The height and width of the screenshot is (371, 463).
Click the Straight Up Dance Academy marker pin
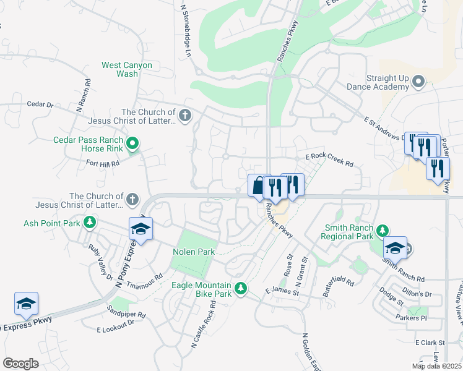(x=418, y=81)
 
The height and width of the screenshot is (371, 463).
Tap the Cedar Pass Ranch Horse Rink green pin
(x=132, y=145)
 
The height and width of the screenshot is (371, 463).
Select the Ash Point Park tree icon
(x=90, y=222)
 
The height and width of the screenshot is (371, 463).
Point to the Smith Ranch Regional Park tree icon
(x=382, y=231)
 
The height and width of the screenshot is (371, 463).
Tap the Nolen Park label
(x=193, y=252)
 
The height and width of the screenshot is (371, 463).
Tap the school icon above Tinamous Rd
(x=141, y=229)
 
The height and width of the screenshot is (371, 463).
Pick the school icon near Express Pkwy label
(x=26, y=304)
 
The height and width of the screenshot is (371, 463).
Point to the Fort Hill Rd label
(x=102, y=164)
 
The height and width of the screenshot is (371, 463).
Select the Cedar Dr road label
(x=41, y=104)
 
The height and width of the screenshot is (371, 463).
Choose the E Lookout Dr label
(x=116, y=322)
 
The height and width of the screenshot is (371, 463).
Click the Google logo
(x=20, y=364)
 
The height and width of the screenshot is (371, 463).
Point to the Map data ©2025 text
(x=436, y=366)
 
